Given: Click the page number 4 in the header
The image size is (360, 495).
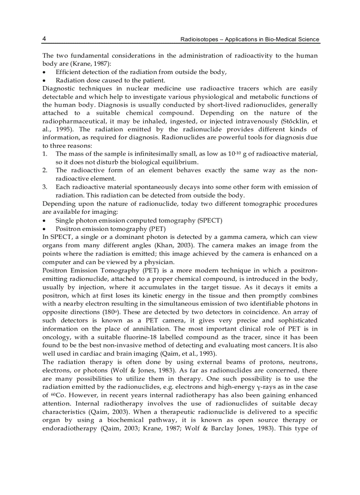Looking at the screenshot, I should (44, 39).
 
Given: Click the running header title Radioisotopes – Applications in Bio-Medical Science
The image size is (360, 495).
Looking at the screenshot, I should (250, 39).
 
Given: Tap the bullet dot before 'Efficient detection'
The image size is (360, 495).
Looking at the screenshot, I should (44, 72).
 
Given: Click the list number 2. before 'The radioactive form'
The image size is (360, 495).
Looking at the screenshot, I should (45, 170).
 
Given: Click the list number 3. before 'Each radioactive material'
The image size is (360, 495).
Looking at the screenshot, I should (45, 187).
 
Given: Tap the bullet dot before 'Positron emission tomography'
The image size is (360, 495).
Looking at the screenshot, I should (44, 229).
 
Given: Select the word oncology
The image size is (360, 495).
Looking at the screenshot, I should (56, 337).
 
